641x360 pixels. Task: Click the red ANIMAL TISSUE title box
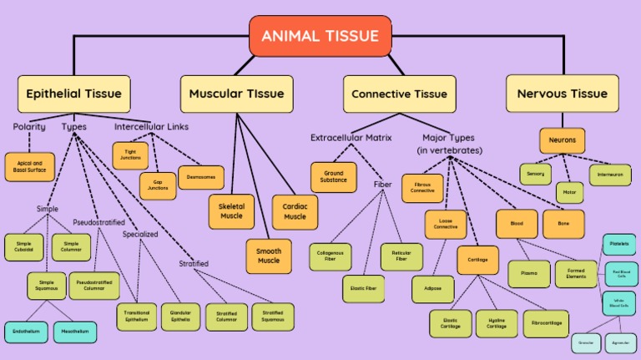(x=320, y=36)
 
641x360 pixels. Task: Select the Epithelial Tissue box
(x=73, y=94)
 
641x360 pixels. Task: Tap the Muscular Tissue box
(x=237, y=94)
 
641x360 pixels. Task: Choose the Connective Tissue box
(x=399, y=94)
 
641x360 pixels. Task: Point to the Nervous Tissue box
(x=562, y=94)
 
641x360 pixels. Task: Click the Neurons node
(x=562, y=139)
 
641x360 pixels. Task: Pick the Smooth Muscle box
(x=269, y=256)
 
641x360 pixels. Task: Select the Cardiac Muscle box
(x=295, y=211)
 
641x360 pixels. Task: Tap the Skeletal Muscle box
(x=231, y=210)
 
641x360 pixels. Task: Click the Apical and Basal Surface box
(x=29, y=167)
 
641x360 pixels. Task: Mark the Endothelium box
(x=25, y=332)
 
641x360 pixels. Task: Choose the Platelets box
(x=619, y=245)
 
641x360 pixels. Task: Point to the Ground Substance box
(x=333, y=176)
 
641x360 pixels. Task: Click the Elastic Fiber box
(x=363, y=288)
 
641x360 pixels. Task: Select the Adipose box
(x=432, y=288)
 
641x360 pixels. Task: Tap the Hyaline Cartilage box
(x=497, y=323)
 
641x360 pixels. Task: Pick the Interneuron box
(x=609, y=175)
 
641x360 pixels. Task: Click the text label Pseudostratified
(x=98, y=223)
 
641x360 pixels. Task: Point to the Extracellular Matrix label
(x=351, y=137)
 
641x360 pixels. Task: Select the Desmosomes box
(x=201, y=177)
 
